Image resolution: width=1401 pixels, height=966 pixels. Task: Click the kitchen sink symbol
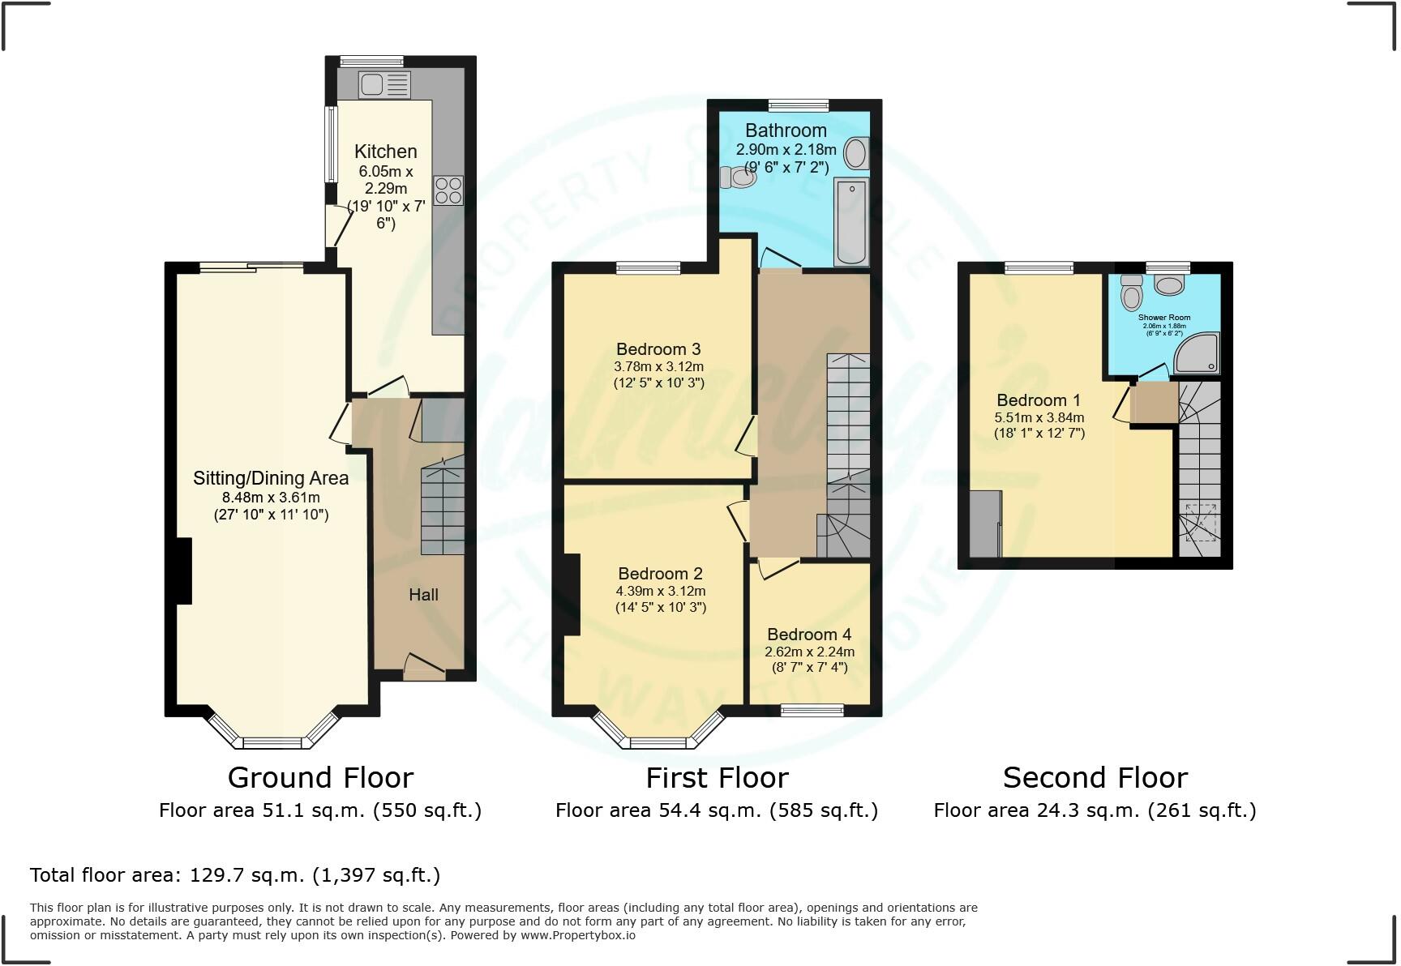[x=385, y=84]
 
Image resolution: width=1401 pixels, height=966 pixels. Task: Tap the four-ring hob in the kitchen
[x=448, y=190]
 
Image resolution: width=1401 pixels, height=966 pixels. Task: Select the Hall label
[x=423, y=595]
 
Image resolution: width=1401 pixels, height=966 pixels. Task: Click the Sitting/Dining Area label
[x=271, y=478]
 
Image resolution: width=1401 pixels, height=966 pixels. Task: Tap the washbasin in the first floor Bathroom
[x=855, y=152]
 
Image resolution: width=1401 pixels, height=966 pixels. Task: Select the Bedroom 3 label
[x=658, y=349]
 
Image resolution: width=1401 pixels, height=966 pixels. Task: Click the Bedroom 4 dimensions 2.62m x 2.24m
[x=809, y=652]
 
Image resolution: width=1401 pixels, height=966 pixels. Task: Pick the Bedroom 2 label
[x=660, y=574]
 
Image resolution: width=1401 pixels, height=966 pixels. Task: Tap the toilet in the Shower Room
[x=1131, y=291]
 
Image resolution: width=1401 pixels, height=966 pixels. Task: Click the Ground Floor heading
[x=320, y=778]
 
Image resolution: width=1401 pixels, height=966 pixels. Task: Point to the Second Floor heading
[x=1095, y=778]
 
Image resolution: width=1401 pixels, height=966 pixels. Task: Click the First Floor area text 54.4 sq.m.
[x=716, y=810]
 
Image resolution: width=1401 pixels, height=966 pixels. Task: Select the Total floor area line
[x=235, y=875]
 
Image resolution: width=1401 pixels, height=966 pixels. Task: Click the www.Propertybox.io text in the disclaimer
[x=577, y=935]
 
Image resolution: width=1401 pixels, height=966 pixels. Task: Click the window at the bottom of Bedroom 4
[x=812, y=711]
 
